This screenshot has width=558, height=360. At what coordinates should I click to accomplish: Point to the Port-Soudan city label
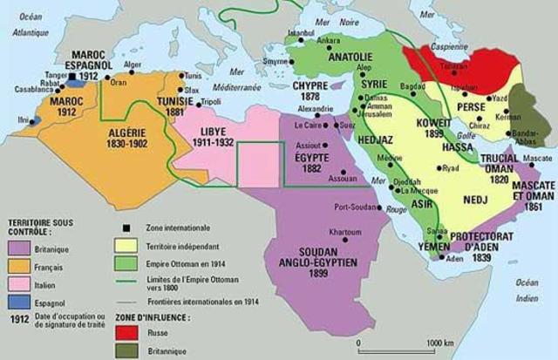pos(354,207)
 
